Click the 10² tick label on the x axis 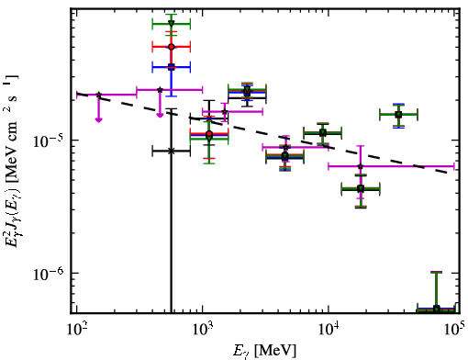[x=76, y=330]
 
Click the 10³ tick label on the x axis [x=203, y=330]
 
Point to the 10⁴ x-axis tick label [x=329, y=330]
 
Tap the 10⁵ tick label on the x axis [x=454, y=330]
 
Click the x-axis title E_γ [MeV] [x=264, y=351]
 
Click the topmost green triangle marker [x=172, y=24]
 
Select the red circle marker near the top [x=172, y=47]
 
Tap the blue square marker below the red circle [x=172, y=67]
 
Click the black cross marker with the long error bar [x=172, y=151]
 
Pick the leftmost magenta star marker [x=98, y=95]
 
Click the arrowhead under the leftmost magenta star [x=98, y=119]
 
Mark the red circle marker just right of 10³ [x=209, y=134]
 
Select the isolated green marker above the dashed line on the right [x=398, y=115]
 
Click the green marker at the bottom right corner [x=437, y=309]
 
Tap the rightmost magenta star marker [x=361, y=166]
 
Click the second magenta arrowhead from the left [x=160, y=115]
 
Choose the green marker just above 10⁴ [x=323, y=133]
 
